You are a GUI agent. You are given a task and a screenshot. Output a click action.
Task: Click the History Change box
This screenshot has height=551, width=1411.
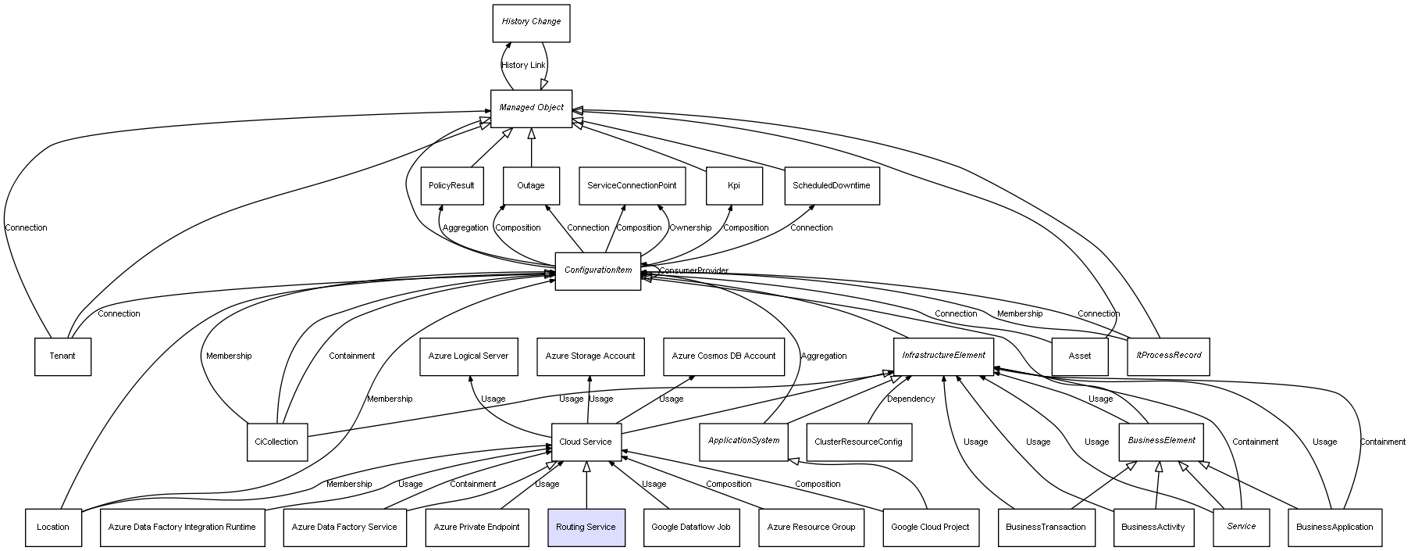531,23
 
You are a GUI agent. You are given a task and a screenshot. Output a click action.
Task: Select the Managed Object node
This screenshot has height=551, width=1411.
531,109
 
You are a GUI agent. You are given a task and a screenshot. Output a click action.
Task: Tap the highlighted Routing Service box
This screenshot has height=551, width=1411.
586,528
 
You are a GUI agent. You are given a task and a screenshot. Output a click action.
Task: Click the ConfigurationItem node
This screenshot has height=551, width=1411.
598,271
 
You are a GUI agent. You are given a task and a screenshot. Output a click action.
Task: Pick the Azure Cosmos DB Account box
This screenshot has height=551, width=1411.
724,356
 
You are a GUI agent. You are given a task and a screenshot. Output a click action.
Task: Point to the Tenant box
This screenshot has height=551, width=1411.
62,356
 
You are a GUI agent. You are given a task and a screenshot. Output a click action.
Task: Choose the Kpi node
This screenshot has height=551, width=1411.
734,186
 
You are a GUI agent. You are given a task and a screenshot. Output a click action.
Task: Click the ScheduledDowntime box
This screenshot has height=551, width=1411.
832,186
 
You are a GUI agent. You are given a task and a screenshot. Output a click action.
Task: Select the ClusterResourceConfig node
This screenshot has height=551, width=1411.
858,442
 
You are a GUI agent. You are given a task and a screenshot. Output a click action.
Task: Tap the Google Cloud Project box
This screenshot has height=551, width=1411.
930,528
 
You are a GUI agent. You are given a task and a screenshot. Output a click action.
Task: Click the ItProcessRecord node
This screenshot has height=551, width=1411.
1168,356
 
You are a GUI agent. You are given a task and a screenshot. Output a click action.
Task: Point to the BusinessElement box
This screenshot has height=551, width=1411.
1161,442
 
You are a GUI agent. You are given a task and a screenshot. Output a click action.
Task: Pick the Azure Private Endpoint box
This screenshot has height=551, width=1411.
476,528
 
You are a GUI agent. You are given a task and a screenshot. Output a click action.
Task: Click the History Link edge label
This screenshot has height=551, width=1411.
523,66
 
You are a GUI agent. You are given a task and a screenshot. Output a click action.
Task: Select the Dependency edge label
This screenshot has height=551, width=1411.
910,399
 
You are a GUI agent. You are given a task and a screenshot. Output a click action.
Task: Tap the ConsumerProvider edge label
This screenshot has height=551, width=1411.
693,271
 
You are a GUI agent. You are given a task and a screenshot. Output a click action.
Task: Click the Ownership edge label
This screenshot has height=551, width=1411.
690,228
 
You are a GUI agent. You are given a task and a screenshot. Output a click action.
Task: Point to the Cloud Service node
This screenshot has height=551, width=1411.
586,442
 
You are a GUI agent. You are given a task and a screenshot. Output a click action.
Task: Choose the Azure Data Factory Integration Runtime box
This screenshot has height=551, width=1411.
182,528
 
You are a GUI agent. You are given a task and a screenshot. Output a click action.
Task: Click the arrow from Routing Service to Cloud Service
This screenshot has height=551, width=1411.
586,485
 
